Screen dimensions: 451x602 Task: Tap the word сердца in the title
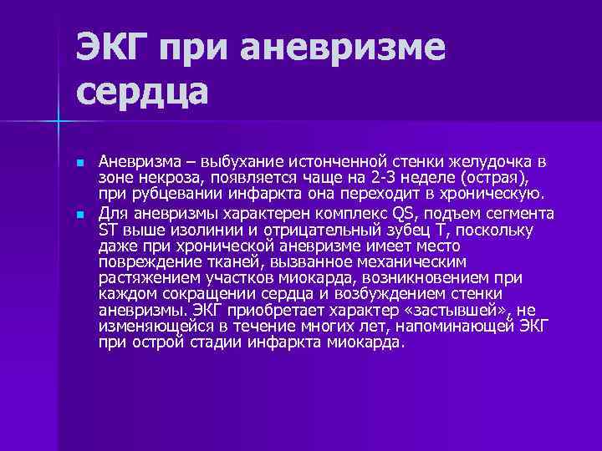coord(142,90)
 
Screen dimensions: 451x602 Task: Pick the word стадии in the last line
coord(220,342)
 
